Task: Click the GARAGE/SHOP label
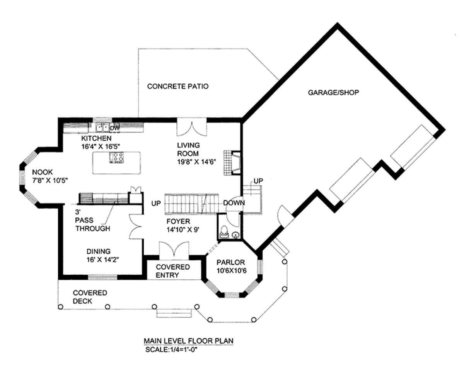pyautogui.click(x=333, y=93)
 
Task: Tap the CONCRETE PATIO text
pyautogui.click(x=177, y=87)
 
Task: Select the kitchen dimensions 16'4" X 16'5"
pyautogui.click(x=100, y=146)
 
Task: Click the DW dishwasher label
pyautogui.click(x=114, y=128)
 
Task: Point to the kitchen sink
pyautogui.click(x=102, y=127)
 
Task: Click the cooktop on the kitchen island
pyautogui.click(x=116, y=157)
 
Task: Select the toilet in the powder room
pyautogui.click(x=224, y=232)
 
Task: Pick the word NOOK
pyautogui.click(x=42, y=172)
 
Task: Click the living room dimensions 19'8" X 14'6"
pyautogui.click(x=196, y=162)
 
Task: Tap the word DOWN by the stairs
pyautogui.click(x=234, y=203)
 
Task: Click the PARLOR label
pyautogui.click(x=230, y=262)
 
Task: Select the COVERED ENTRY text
pyautogui.click(x=173, y=271)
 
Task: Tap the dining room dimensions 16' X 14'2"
pyautogui.click(x=103, y=260)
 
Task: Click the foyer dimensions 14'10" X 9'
pyautogui.click(x=183, y=230)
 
